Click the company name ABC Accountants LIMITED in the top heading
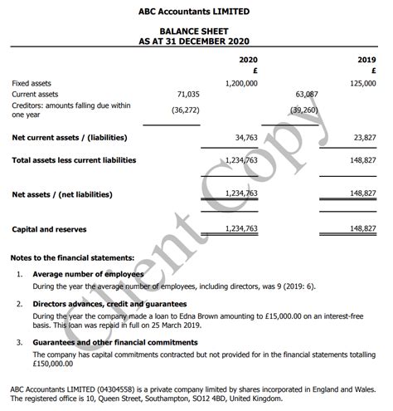click(x=196, y=12)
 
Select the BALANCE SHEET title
click(x=196, y=32)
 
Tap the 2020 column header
click(x=248, y=61)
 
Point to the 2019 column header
click(x=367, y=61)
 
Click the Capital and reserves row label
click(x=49, y=229)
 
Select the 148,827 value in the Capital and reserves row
click(x=362, y=228)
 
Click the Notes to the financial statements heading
click(x=73, y=258)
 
